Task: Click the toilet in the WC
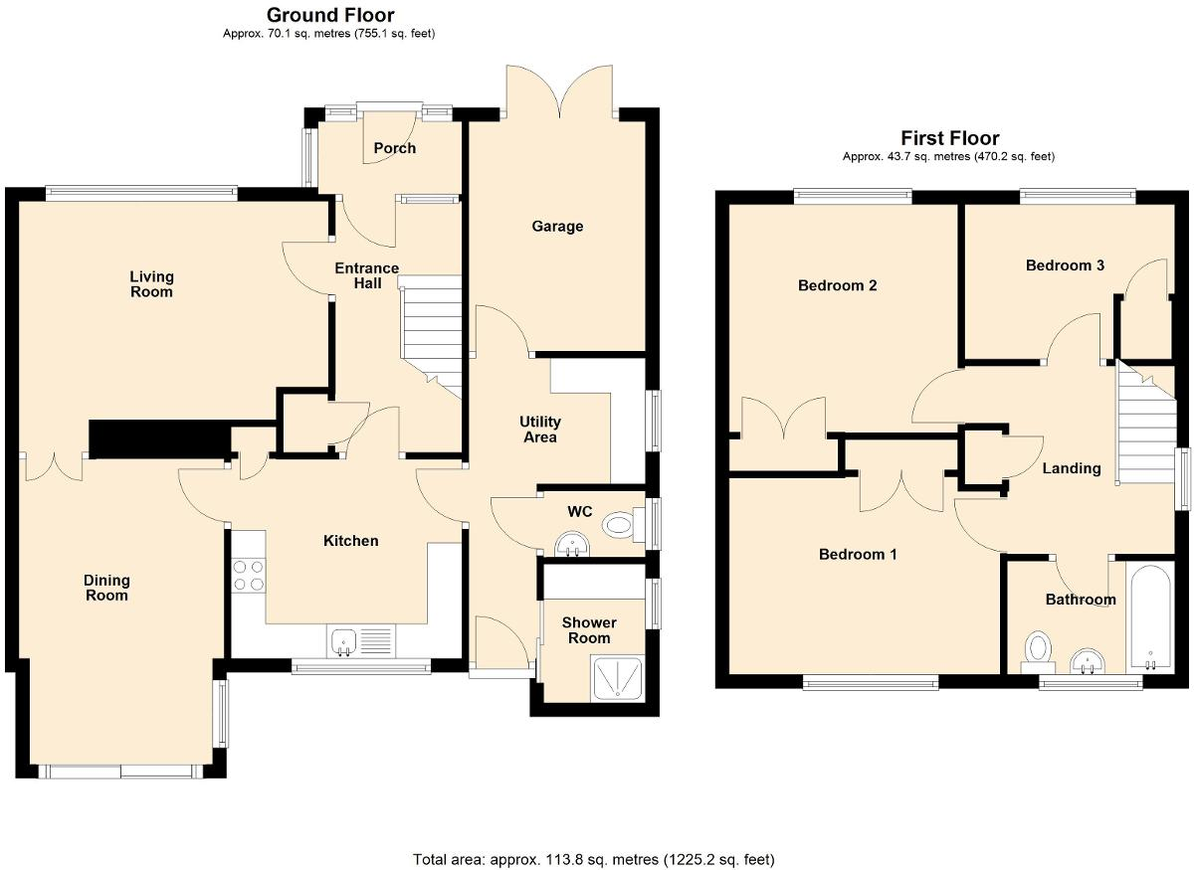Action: pyautogui.click(x=622, y=524)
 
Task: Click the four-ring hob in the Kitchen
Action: pyautogui.click(x=248, y=575)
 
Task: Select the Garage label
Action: pyautogui.click(x=557, y=227)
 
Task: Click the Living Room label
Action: pyautogui.click(x=151, y=284)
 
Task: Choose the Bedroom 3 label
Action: pyautogui.click(x=1065, y=265)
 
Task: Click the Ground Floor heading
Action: pyautogui.click(x=330, y=15)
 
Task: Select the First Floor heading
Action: pyautogui.click(x=949, y=138)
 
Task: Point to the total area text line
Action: pyautogui.click(x=593, y=859)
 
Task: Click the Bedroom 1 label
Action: pyautogui.click(x=858, y=554)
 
